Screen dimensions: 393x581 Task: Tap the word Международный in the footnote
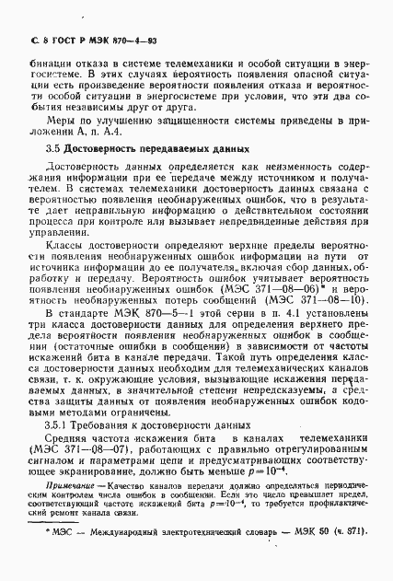[133, 555]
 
